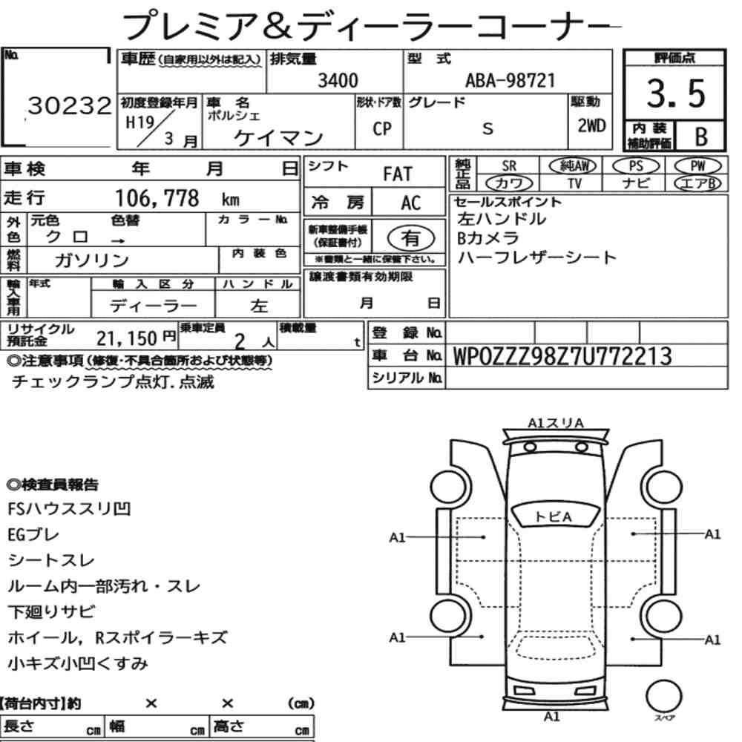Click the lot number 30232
click(x=70, y=105)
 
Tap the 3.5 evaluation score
click(x=676, y=93)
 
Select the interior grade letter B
click(x=701, y=137)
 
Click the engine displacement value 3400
click(x=338, y=80)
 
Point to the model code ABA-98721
click(x=510, y=80)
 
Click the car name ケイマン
click(x=278, y=138)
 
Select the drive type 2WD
click(x=591, y=126)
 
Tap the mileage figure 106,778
click(x=157, y=198)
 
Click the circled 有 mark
click(x=410, y=237)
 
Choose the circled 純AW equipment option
click(x=573, y=165)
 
